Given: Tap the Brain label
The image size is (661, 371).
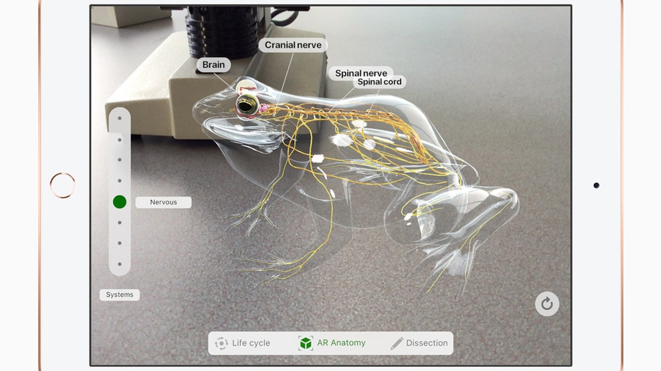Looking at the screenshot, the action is tap(213, 65).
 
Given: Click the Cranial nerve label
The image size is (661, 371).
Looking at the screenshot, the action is tap(293, 45).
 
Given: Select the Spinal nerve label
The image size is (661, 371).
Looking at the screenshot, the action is tap(361, 73).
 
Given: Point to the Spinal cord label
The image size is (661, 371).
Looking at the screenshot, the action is tap(379, 82).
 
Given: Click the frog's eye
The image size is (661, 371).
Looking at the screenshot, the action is tap(246, 105).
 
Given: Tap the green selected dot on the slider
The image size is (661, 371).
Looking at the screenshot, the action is tap(120, 202).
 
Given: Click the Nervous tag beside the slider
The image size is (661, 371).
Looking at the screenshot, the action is tap(163, 202).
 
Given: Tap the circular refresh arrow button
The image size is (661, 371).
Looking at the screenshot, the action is tap(547, 304).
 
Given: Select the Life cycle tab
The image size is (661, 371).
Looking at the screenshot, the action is tap(243, 343).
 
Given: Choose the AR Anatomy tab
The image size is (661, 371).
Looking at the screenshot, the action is tap(332, 343).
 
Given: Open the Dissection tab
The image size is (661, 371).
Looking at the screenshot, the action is tap(419, 343).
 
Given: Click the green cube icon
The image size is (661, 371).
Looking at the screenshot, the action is tap(305, 343).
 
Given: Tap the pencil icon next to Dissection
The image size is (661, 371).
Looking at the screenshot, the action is tap(397, 343).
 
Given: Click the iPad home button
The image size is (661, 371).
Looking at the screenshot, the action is tap(62, 185).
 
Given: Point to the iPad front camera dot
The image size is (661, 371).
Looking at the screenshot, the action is tap(596, 185).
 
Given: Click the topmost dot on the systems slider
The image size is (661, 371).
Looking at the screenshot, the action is tap(120, 118).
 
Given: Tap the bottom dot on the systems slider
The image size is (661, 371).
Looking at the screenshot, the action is tap(120, 264).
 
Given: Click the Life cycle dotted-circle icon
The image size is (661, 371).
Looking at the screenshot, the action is tap(222, 343).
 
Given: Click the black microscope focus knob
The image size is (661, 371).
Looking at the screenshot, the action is tap(222, 32).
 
